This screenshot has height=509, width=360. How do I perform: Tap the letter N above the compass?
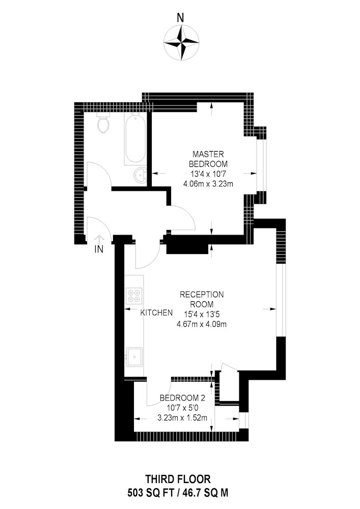pos(180,18)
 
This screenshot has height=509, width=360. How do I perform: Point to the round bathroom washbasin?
pos(140,176)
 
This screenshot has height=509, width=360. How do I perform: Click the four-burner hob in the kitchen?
pos(134,295)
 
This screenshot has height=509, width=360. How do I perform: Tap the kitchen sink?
pos(134,357)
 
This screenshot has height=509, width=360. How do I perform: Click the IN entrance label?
pos(99,249)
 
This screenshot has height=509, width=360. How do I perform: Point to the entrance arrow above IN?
pos(99,239)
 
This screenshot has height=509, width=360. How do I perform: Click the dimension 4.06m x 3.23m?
pos(208,184)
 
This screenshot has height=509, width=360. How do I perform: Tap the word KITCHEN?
pos(156,313)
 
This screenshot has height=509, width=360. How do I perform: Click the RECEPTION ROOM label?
pos(202,299)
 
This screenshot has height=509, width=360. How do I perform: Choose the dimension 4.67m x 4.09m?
pos(202,324)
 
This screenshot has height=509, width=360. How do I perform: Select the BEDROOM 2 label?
pos(182,398)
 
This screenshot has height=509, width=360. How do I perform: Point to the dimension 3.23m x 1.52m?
pos(182,418)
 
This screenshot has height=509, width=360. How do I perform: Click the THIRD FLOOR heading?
pos(178,479)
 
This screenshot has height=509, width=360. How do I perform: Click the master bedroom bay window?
pos(261,165)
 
